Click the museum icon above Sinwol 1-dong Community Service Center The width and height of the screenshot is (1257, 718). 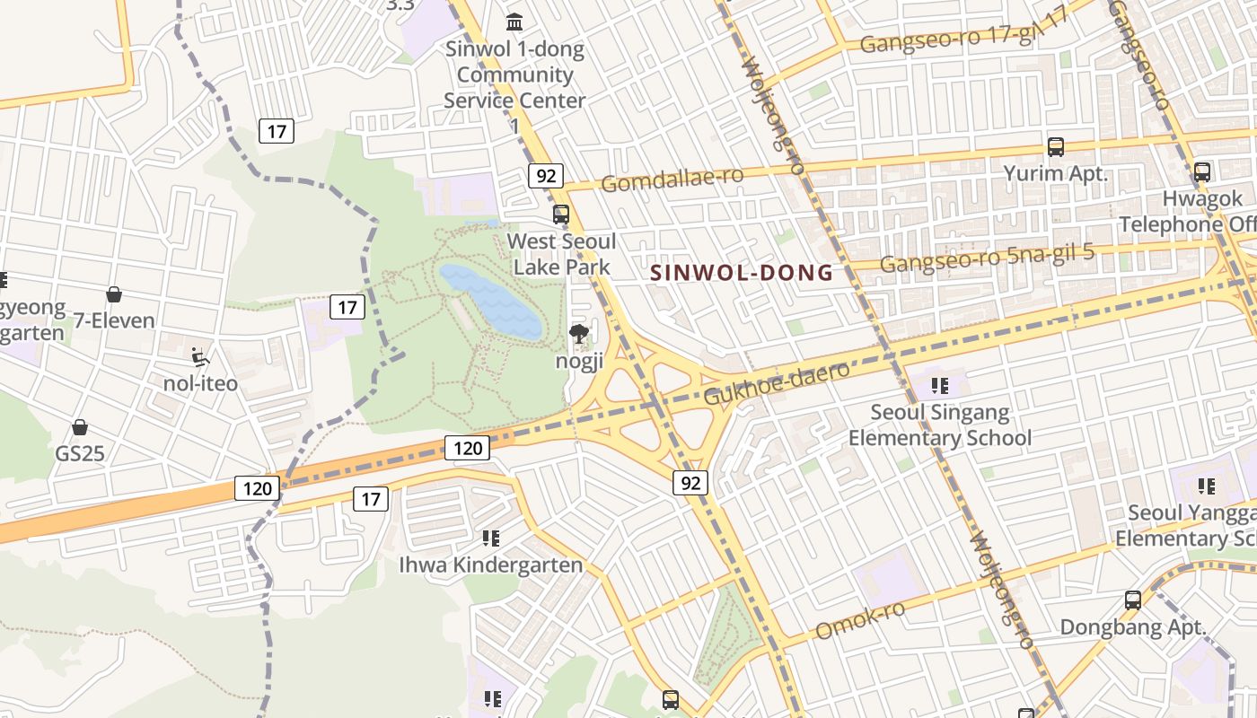(x=515, y=22)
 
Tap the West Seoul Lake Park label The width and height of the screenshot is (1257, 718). (x=561, y=254)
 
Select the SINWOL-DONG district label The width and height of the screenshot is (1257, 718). (x=742, y=273)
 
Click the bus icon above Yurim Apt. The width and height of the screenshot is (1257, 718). (x=1056, y=146)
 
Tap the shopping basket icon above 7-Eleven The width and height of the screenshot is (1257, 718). (x=114, y=294)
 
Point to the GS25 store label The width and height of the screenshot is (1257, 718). (x=80, y=453)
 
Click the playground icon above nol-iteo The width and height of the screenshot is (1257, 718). (x=200, y=357)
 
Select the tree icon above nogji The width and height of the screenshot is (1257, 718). (x=579, y=336)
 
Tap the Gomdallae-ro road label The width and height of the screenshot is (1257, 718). (x=672, y=179)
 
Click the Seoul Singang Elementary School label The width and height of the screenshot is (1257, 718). (x=940, y=425)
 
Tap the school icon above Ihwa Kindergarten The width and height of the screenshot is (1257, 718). (x=490, y=538)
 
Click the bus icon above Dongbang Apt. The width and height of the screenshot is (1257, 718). (x=1133, y=600)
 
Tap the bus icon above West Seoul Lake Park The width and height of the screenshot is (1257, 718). (x=561, y=215)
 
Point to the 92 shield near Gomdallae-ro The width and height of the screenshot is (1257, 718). (x=545, y=175)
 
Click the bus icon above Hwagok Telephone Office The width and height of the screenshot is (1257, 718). (x=1201, y=171)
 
